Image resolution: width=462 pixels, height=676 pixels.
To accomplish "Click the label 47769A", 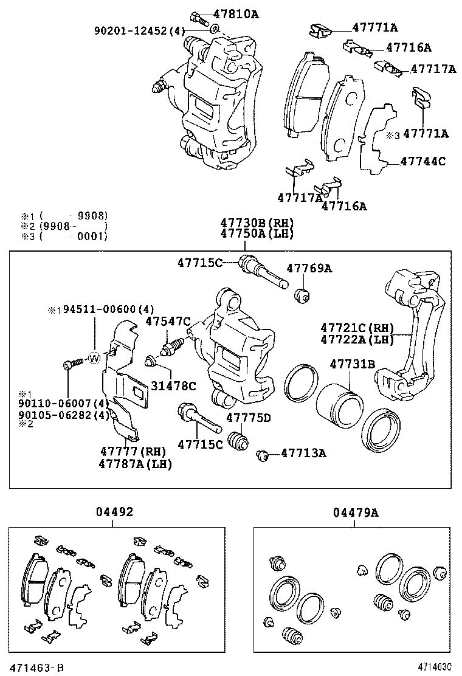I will (x=309, y=268).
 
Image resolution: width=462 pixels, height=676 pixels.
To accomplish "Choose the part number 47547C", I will (x=168, y=321).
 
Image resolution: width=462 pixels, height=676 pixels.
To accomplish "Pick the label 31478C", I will (x=174, y=385).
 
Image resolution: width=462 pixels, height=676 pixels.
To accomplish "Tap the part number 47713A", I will (x=304, y=453).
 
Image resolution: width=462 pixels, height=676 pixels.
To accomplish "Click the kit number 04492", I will (x=114, y=513).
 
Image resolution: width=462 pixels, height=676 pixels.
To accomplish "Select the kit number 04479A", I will (x=356, y=513).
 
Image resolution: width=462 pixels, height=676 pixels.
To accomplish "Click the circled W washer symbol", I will (x=94, y=358).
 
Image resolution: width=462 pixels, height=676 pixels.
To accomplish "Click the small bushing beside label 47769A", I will (x=302, y=296).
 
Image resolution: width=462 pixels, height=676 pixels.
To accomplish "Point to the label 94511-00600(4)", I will (x=101, y=309).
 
